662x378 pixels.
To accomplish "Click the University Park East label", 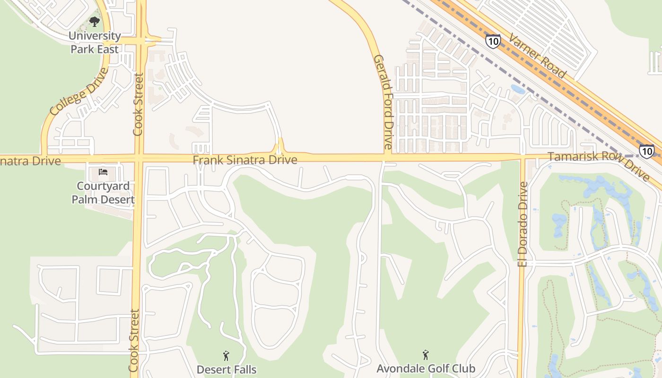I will pos(95,42).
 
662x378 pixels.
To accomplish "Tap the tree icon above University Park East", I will pos(95,22).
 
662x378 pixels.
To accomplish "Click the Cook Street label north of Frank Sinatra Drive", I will pos(138,104).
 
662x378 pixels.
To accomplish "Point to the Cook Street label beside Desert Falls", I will pos(134,340).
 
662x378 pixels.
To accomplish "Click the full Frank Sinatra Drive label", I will pos(245,160).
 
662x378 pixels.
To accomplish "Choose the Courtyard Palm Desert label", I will pos(103,192).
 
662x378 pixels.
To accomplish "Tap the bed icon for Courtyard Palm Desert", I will pos(103,172).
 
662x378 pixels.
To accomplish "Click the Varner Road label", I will pos(538,55).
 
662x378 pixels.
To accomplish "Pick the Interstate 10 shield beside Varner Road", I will pos(493,41).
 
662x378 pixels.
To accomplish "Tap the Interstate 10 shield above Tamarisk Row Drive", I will pos(647,151).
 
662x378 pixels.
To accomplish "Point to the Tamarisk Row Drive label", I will pos(599,165).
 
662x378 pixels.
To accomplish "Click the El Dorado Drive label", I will pos(523,224).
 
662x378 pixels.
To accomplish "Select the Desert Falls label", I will pos(226,369).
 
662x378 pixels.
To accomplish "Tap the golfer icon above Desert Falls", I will pos(226,355).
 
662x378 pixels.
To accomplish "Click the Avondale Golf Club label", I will pos(426,368).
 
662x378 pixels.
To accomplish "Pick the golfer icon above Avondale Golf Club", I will pos(426,354).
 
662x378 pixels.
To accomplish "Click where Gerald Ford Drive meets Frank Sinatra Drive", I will pos(387,158).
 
